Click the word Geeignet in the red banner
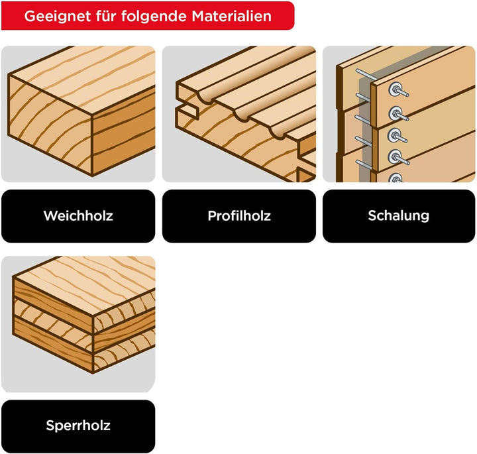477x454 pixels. [x=58, y=17]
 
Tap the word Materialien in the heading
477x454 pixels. [x=231, y=16]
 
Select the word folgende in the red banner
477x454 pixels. [x=154, y=17]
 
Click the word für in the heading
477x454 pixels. [x=106, y=16]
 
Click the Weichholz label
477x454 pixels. [x=78, y=216]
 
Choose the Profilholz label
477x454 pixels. [x=239, y=216]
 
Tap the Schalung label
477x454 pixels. [x=399, y=216]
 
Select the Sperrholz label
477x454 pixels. [x=78, y=426]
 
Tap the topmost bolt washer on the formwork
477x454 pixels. [x=395, y=89]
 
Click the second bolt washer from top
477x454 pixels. [x=395, y=113]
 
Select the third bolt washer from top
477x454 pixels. [x=395, y=135]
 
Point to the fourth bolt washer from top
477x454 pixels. [x=395, y=156]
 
